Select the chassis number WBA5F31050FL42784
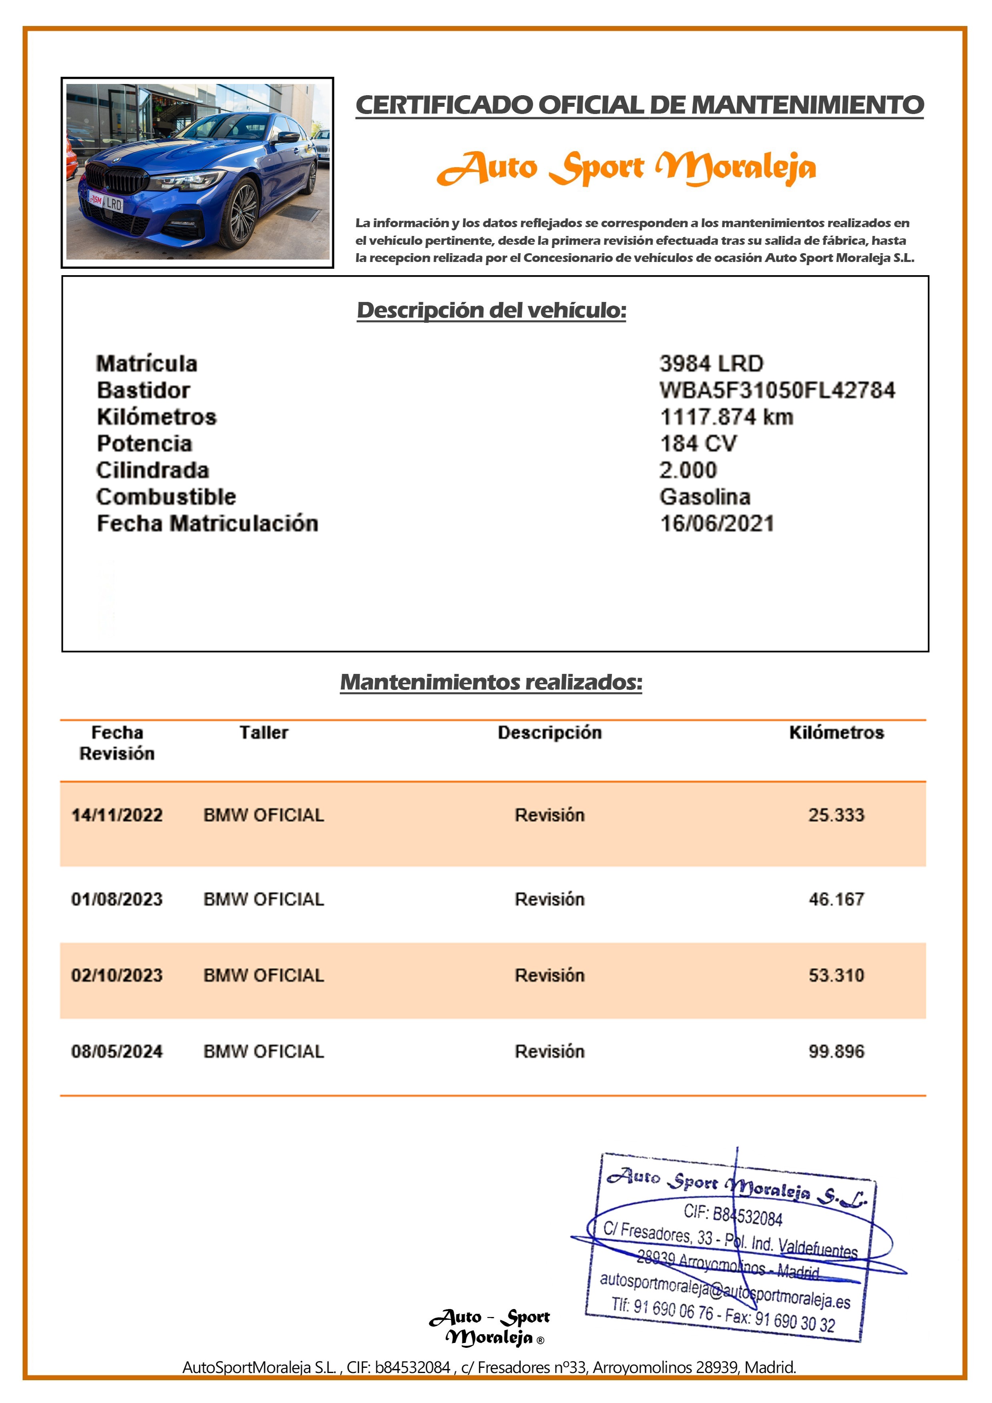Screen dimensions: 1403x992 click(x=777, y=390)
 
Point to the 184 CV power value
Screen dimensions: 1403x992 click(x=698, y=443)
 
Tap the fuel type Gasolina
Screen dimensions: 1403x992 click(x=705, y=496)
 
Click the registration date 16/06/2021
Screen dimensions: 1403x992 click(x=717, y=523)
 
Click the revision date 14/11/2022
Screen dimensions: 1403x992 click(x=117, y=815)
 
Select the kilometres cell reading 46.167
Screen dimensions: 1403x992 click(x=836, y=899)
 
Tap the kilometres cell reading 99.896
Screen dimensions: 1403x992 click(x=836, y=1051)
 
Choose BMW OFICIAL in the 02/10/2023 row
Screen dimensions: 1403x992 click(x=264, y=975)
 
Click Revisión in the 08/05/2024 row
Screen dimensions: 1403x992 click(x=550, y=1051)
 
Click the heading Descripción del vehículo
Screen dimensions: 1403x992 click(x=492, y=310)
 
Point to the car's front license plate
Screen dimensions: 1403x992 click(x=106, y=202)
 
